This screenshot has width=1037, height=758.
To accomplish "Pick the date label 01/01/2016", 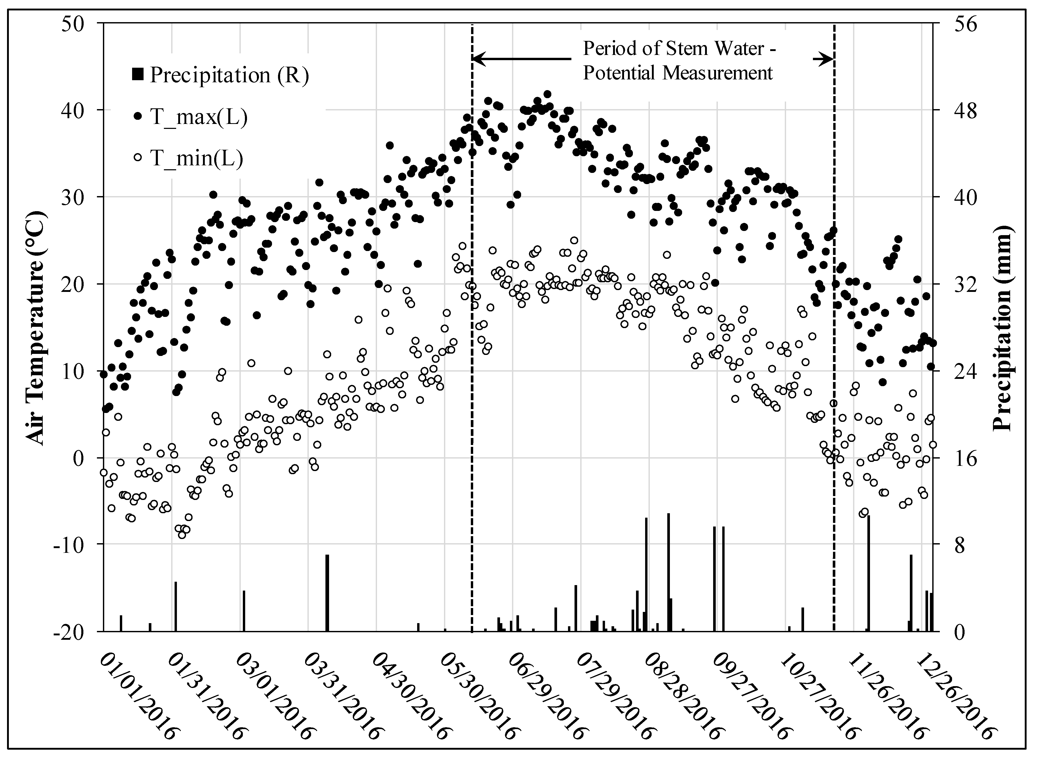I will (x=138, y=697).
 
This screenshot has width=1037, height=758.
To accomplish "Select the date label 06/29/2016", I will (x=546, y=697).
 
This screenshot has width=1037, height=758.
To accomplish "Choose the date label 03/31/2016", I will (x=342, y=697).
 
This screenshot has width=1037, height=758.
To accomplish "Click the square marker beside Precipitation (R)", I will (x=138, y=74).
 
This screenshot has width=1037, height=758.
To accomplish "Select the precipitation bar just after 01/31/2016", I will (x=175, y=607).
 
